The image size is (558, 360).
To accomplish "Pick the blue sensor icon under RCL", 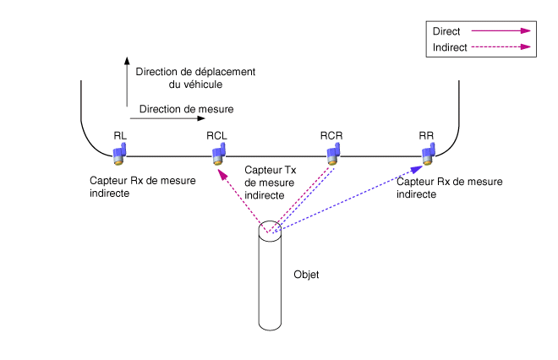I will click(x=218, y=153).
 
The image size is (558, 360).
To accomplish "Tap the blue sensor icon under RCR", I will click(x=333, y=152).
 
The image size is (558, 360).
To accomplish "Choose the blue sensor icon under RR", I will click(x=429, y=152).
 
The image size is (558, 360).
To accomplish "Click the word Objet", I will click(x=305, y=275).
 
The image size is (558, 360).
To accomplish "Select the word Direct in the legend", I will click(x=446, y=31).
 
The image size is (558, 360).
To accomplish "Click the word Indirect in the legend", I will click(x=450, y=47).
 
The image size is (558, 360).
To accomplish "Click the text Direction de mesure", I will click(x=186, y=109).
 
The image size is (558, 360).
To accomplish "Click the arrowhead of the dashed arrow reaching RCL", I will click(x=222, y=172).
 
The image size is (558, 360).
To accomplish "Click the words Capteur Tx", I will click(x=265, y=170).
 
